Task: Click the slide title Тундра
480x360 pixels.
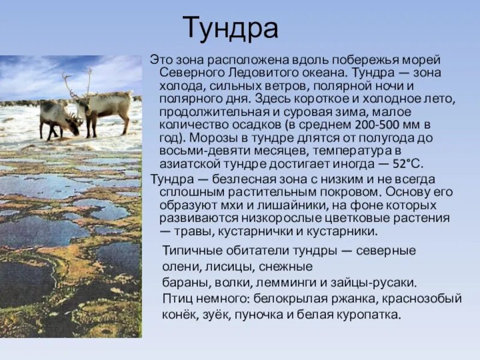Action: [230, 29]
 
